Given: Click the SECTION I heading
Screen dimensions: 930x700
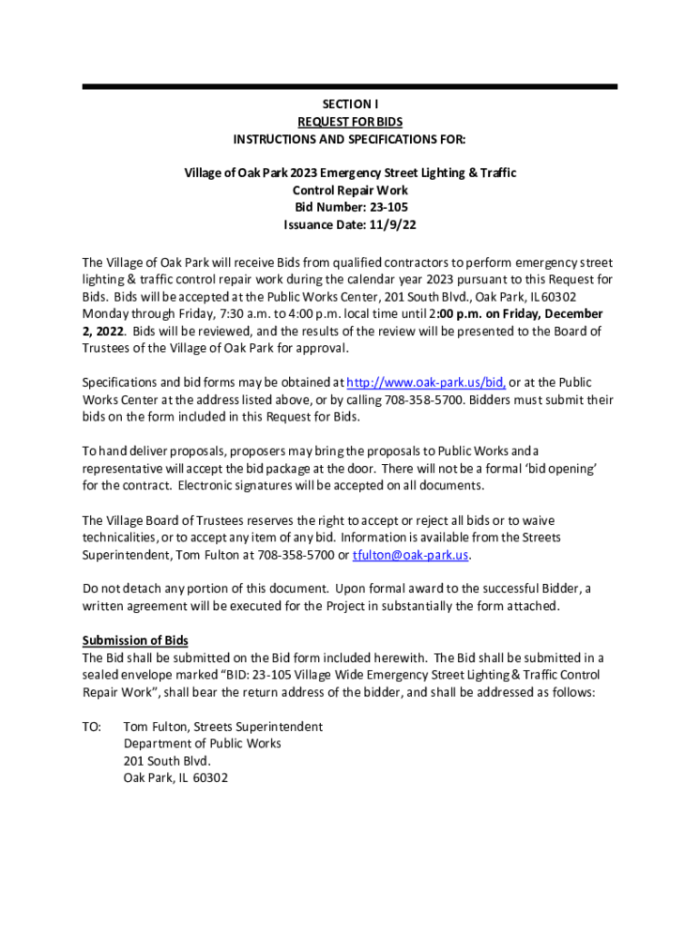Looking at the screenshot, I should (350, 104).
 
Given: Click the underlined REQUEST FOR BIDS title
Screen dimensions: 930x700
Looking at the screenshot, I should (350, 122).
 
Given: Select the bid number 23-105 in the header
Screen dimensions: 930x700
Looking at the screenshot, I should (379, 208).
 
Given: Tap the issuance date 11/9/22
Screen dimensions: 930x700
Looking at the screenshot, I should (395, 225).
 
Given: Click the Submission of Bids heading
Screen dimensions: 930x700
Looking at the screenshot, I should (135, 640).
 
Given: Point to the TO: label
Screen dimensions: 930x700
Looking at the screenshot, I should (92, 727).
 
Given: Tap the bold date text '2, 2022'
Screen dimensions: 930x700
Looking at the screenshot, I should (103, 331).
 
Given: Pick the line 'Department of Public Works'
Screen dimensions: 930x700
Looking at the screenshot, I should (203, 744).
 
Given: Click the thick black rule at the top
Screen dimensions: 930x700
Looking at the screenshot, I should (350, 86).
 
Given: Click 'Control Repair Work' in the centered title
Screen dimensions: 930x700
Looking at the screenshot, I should (350, 191).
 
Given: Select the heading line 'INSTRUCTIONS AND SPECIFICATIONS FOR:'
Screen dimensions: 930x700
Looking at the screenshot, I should (350, 139).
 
